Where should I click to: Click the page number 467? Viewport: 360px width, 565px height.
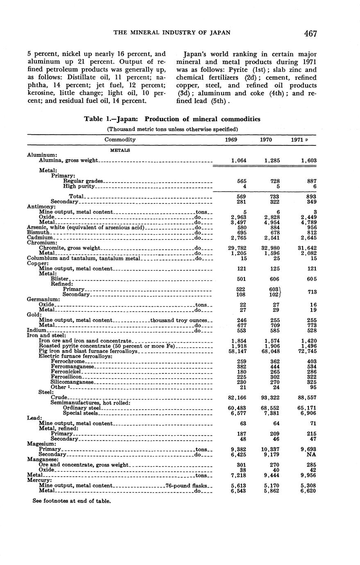tap(310, 34)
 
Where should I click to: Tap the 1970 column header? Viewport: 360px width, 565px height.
tap(267, 140)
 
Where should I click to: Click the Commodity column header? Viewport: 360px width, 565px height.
tap(120, 140)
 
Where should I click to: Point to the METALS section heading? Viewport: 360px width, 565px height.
tap(120, 150)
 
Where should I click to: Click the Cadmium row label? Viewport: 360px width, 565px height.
tap(40, 237)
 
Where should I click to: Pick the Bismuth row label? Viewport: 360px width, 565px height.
tap(38, 232)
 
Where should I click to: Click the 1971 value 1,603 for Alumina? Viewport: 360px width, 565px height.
tap(308, 161)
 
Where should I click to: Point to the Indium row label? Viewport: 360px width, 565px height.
tap(36, 330)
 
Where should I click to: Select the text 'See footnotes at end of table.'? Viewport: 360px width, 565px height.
tap(72, 501)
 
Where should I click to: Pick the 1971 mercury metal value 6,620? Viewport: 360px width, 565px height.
tap(308, 491)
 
